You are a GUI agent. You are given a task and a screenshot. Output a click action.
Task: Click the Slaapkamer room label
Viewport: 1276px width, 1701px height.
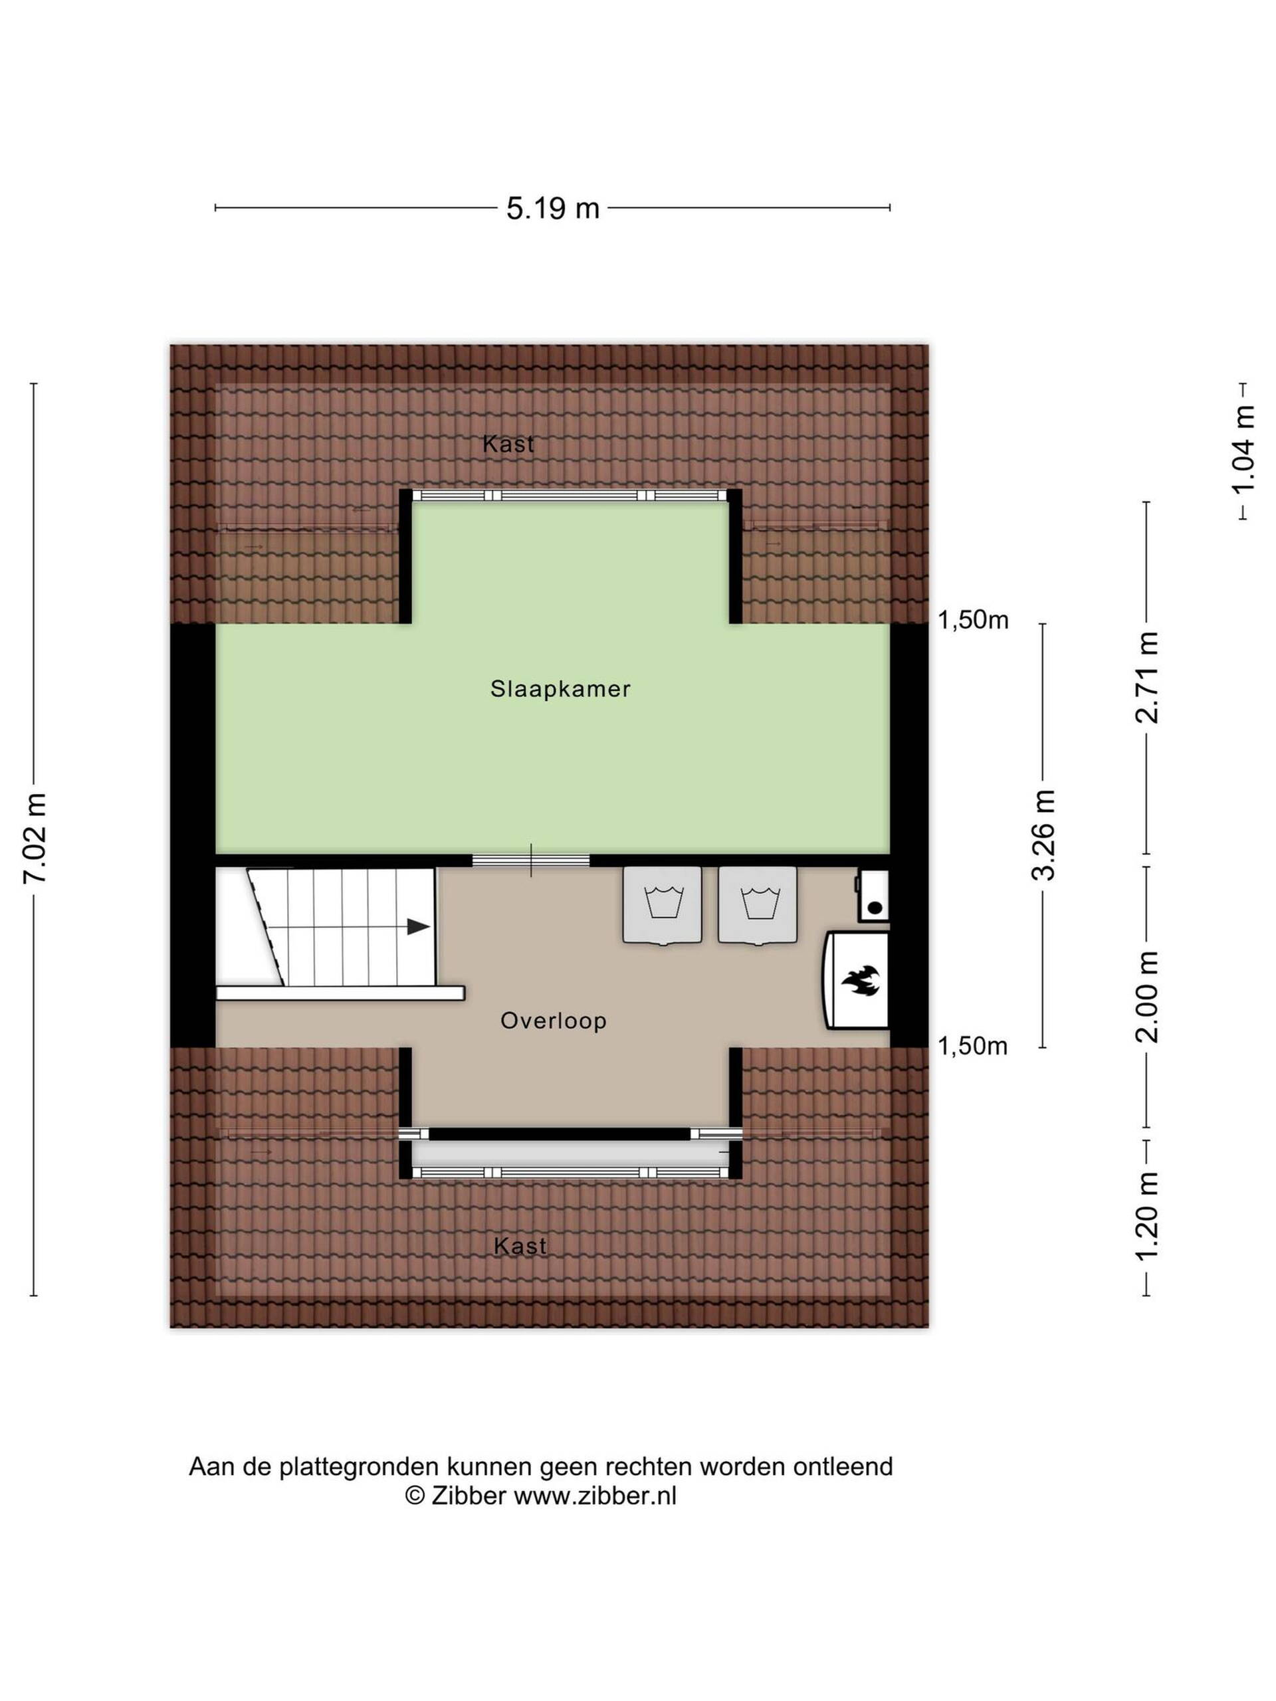click(x=560, y=689)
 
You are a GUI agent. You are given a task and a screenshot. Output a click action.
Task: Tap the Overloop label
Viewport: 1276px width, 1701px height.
click(x=553, y=1021)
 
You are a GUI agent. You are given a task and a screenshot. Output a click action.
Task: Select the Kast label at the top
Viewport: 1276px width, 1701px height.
click(x=508, y=445)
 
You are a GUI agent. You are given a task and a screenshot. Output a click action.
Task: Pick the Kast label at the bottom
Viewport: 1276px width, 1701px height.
click(x=520, y=1246)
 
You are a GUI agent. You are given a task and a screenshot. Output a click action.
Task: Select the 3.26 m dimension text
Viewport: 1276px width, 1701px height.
click(x=1043, y=835)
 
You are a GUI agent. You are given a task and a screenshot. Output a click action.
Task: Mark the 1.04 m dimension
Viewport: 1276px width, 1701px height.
click(x=1243, y=450)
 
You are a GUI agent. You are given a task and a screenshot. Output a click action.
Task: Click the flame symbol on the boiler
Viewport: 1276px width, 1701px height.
click(x=860, y=981)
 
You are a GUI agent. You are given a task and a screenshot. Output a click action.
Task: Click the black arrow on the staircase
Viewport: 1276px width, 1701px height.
click(x=417, y=927)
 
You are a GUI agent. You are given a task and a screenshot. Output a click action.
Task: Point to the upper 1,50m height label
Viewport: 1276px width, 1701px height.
click(x=972, y=620)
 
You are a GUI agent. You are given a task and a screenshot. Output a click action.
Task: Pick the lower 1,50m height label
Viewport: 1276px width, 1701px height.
click(x=972, y=1046)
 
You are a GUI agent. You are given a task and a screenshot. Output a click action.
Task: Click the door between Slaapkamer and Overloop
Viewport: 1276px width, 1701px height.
click(x=531, y=860)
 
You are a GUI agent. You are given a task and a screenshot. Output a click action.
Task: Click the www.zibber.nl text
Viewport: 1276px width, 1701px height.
click(x=595, y=1495)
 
